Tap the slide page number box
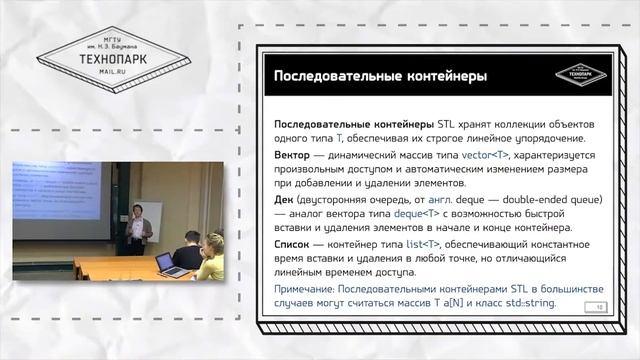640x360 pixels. point(570,307)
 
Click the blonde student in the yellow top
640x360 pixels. point(213,257)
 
